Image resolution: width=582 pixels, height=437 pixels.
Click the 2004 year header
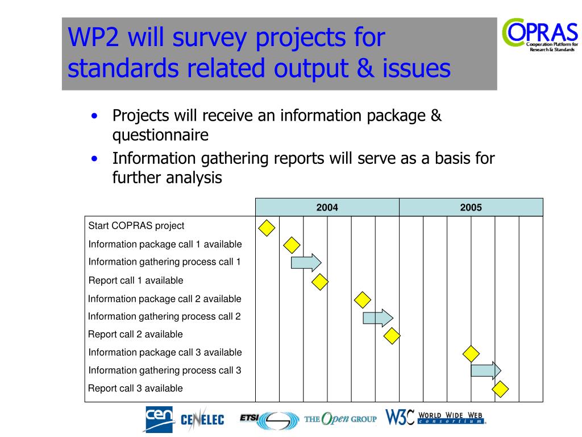(x=327, y=207)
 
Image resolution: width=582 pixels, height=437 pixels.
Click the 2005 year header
(x=471, y=207)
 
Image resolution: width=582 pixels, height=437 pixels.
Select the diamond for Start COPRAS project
(x=267, y=228)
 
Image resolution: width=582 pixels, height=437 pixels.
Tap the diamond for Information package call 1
(x=292, y=245)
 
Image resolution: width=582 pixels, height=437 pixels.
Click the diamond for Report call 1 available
(x=320, y=282)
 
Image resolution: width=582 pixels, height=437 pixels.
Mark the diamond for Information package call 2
(x=363, y=300)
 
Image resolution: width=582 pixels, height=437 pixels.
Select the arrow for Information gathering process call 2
(x=378, y=318)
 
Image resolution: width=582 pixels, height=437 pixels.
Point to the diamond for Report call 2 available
(x=392, y=336)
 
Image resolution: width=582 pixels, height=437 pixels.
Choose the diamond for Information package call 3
(x=471, y=354)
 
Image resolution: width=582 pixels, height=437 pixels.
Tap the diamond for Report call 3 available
(x=500, y=389)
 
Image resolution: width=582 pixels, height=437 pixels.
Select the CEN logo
(x=159, y=419)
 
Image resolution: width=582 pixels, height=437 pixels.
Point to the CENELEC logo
(x=203, y=419)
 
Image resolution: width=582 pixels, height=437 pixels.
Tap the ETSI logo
(x=269, y=420)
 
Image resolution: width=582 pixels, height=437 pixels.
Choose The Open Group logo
(x=340, y=419)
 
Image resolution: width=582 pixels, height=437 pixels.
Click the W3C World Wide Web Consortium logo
(x=435, y=417)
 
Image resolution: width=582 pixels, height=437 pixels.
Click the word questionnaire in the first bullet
(x=160, y=135)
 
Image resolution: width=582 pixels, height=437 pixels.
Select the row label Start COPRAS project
(x=136, y=226)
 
